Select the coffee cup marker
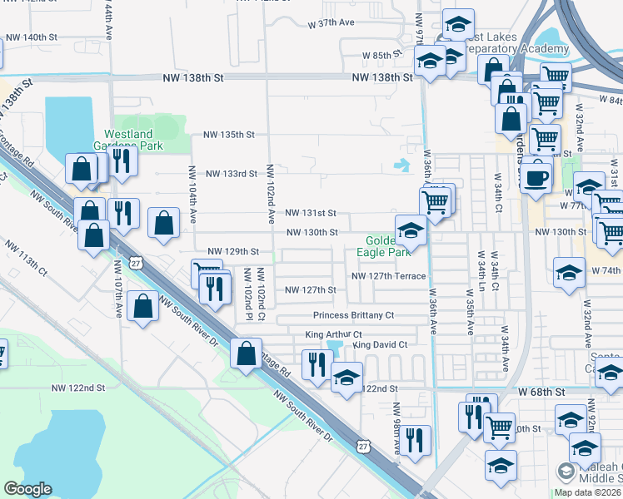[x=536, y=175]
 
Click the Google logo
[x=27, y=489]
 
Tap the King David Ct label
[x=380, y=344]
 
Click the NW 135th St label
[x=229, y=135]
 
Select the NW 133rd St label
[x=232, y=173]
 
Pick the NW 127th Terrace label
[x=389, y=276]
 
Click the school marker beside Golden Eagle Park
[x=411, y=230]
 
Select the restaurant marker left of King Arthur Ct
[x=316, y=363]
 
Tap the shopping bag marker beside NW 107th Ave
[x=144, y=307]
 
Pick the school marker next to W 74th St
[x=569, y=273]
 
